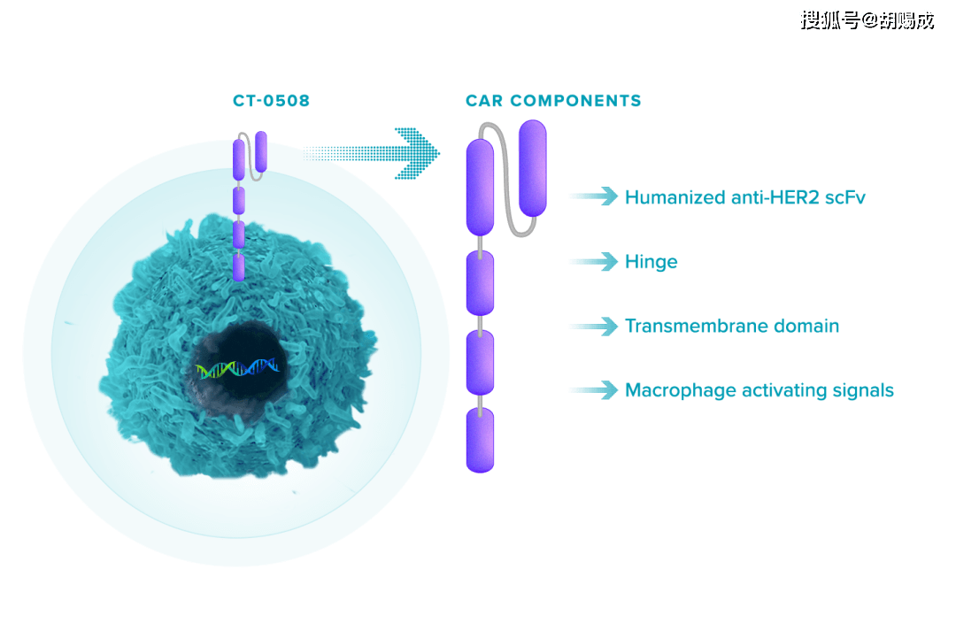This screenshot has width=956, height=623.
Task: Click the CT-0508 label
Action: [x=271, y=101]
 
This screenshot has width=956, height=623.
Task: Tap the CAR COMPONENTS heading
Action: [x=553, y=101]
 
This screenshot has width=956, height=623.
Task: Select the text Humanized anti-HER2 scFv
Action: [x=744, y=197]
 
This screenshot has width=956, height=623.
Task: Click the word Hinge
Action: [x=651, y=262]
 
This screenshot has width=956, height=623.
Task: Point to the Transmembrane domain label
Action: [x=731, y=326]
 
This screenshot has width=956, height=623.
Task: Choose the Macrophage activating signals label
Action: [x=759, y=390]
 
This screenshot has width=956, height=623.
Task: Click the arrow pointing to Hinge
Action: [x=593, y=262]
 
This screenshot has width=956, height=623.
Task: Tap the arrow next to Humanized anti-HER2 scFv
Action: [x=593, y=196]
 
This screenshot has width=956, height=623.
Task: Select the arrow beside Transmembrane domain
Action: [x=593, y=327]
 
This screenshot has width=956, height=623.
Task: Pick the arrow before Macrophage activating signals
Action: [x=593, y=390]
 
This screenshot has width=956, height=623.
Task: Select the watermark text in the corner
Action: [x=866, y=19]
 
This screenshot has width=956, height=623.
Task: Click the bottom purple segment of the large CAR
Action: [x=481, y=440]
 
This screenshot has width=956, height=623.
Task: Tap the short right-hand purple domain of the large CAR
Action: [x=532, y=168]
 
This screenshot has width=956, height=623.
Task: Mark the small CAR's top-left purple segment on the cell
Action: [x=239, y=158]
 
